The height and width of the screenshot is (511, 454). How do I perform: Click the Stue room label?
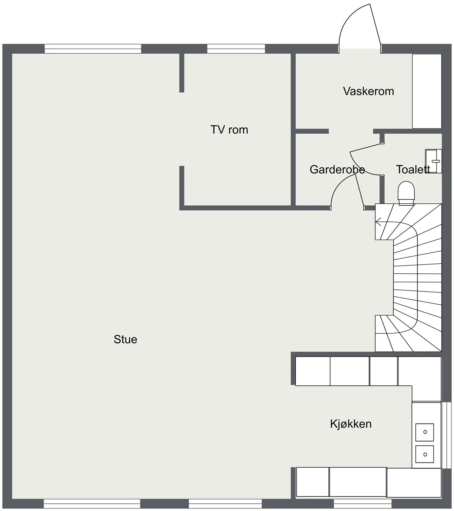(125, 339)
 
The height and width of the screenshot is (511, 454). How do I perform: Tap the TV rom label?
(229, 130)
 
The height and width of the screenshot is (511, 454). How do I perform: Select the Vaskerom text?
(368, 91)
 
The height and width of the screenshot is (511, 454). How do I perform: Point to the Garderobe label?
(337, 170)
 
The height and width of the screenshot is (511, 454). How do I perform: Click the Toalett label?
(413, 170)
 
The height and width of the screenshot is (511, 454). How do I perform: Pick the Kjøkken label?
(351, 424)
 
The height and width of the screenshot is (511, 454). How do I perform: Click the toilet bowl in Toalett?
(406, 193)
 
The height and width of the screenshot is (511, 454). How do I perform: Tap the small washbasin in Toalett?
(434, 161)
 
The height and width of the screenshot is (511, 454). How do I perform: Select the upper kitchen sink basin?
(425, 432)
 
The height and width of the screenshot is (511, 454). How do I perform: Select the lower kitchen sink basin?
(425, 454)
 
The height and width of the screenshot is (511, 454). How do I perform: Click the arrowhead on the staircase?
(378, 221)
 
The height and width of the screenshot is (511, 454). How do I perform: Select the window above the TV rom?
(236, 49)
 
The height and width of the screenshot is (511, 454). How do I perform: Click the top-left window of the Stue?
(93, 49)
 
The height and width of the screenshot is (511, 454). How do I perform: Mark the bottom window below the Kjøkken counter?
(363, 504)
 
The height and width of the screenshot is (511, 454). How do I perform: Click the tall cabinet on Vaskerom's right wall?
(427, 91)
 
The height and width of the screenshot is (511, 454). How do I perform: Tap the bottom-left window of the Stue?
(92, 504)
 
